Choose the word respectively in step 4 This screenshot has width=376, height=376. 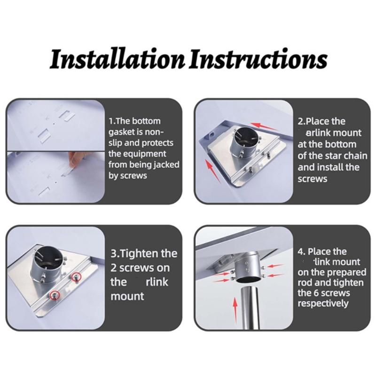[x=323, y=304]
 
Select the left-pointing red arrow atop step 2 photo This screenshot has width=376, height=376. [x=263, y=126]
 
